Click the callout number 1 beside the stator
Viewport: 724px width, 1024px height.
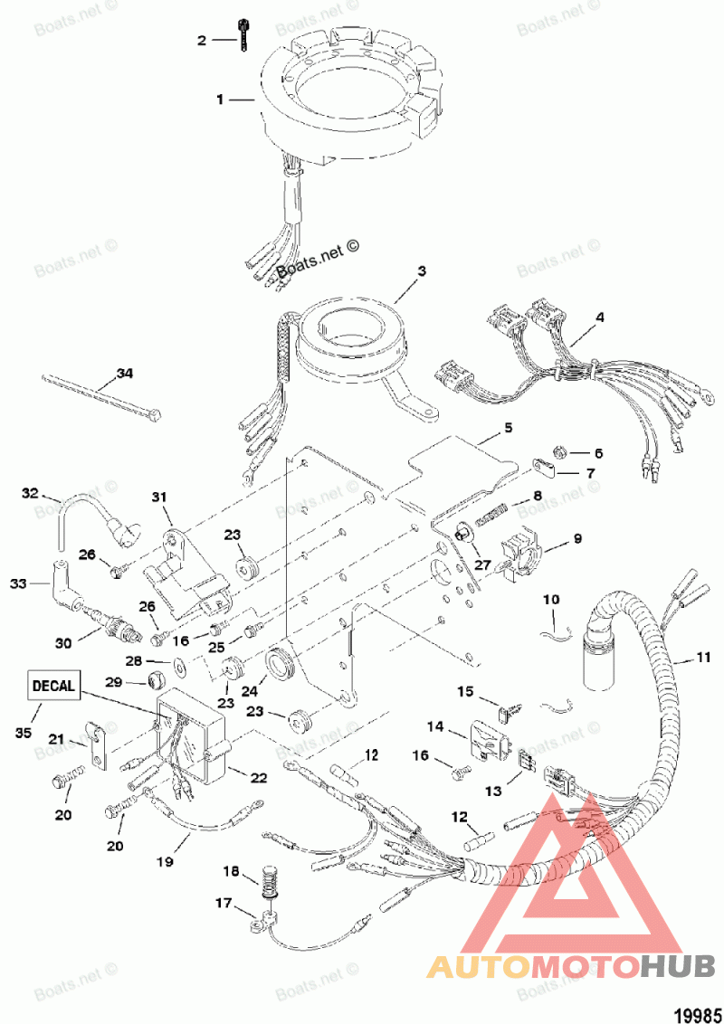pyautogui.click(x=219, y=100)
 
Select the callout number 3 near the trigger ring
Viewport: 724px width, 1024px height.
pyautogui.click(x=421, y=270)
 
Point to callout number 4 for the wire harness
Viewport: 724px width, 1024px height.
pyautogui.click(x=598, y=318)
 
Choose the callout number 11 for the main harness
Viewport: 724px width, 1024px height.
pyautogui.click(x=703, y=659)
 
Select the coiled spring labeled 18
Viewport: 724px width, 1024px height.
pyautogui.click(x=268, y=879)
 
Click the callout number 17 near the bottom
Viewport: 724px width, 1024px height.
pyautogui.click(x=223, y=903)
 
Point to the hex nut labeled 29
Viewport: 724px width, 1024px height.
pyautogui.click(x=155, y=679)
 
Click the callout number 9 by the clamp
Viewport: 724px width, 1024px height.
pyautogui.click(x=577, y=540)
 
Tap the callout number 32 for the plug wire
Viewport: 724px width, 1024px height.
pyautogui.click(x=31, y=493)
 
